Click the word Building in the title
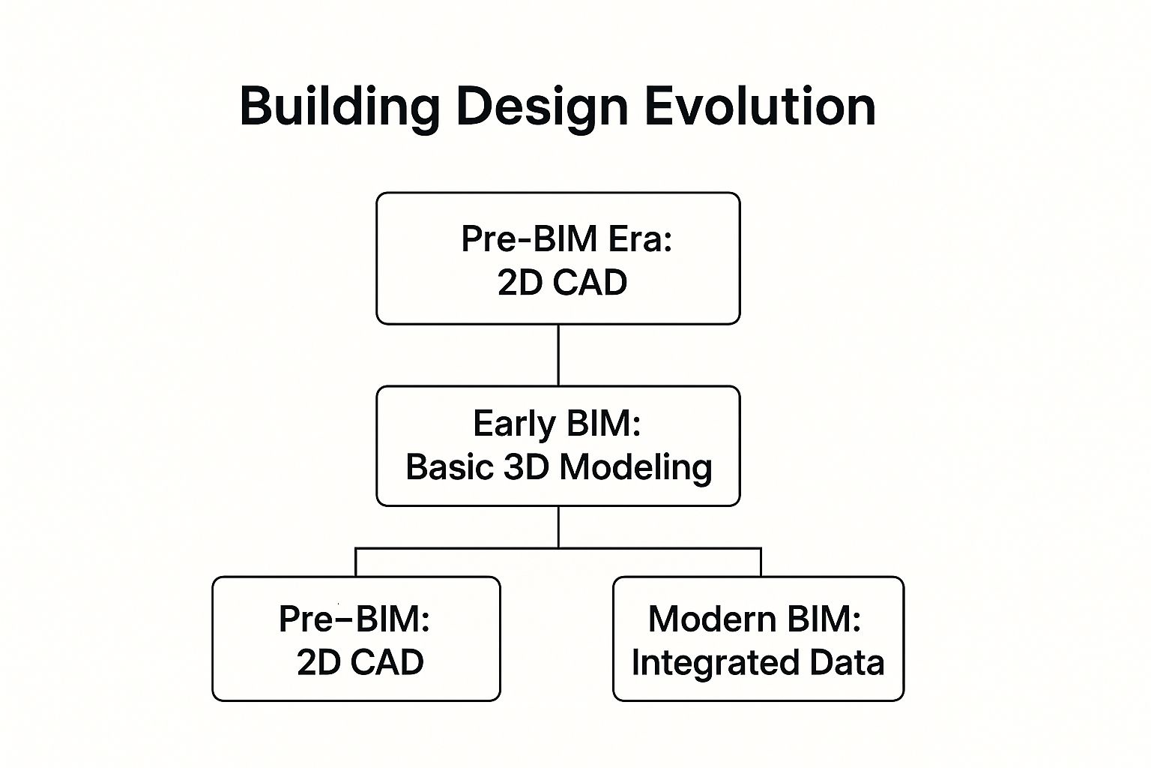tap(339, 107)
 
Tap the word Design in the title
tap(542, 107)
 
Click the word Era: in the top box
tap(640, 239)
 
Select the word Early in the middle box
tap(514, 425)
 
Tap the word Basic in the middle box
tap(450, 467)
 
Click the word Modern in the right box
tap(712, 619)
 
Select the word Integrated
tap(715, 664)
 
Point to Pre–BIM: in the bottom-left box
tap(354, 619)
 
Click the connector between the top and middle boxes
tap(558, 355)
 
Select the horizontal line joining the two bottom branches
tap(558, 548)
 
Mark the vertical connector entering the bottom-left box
tap(356, 562)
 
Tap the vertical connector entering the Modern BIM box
tap(761, 562)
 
